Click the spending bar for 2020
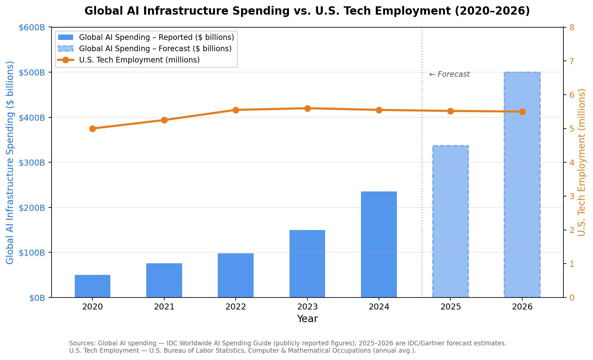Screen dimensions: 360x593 pos(92,286)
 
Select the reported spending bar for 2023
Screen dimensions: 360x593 pos(307,264)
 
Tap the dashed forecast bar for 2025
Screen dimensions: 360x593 pos(450,221)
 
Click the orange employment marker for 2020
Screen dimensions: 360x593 pos(93,129)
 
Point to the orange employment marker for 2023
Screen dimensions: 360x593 pos(307,108)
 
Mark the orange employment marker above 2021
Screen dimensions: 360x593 pos(164,120)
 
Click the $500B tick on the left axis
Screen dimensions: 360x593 pos(32,72)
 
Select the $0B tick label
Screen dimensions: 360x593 pos(37,298)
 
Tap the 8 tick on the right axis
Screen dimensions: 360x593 pos(572,27)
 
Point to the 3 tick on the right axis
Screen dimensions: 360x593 pos(572,196)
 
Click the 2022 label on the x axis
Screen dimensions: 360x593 pos(236,307)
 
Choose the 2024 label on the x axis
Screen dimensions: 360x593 pos(379,307)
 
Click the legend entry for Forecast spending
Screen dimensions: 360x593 pos(155,49)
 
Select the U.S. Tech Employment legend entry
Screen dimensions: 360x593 pos(139,60)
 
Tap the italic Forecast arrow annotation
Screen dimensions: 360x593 pos(449,74)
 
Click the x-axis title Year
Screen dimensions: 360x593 pos(307,319)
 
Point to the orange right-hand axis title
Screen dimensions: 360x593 pos(581,162)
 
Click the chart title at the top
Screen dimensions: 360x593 pos(307,11)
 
